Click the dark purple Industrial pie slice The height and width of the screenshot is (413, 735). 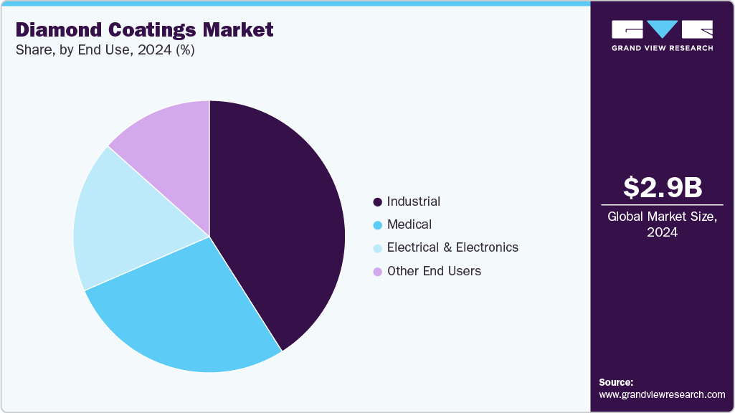280,215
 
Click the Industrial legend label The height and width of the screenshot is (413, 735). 413,201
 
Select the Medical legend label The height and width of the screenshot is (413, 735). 409,224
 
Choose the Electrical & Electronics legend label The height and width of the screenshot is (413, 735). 452,247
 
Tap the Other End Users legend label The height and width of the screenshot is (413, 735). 433,271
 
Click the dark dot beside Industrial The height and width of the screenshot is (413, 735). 377,202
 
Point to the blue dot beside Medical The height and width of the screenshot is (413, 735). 377,225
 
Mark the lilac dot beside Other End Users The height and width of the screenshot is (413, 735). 377,272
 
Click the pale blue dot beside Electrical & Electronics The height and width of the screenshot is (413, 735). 377,248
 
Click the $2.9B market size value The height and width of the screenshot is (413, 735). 662,187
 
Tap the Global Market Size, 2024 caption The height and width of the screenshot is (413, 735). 662,224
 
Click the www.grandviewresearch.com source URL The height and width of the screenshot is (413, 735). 662,394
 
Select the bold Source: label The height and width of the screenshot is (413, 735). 616,382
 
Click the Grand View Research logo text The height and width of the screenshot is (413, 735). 662,48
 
